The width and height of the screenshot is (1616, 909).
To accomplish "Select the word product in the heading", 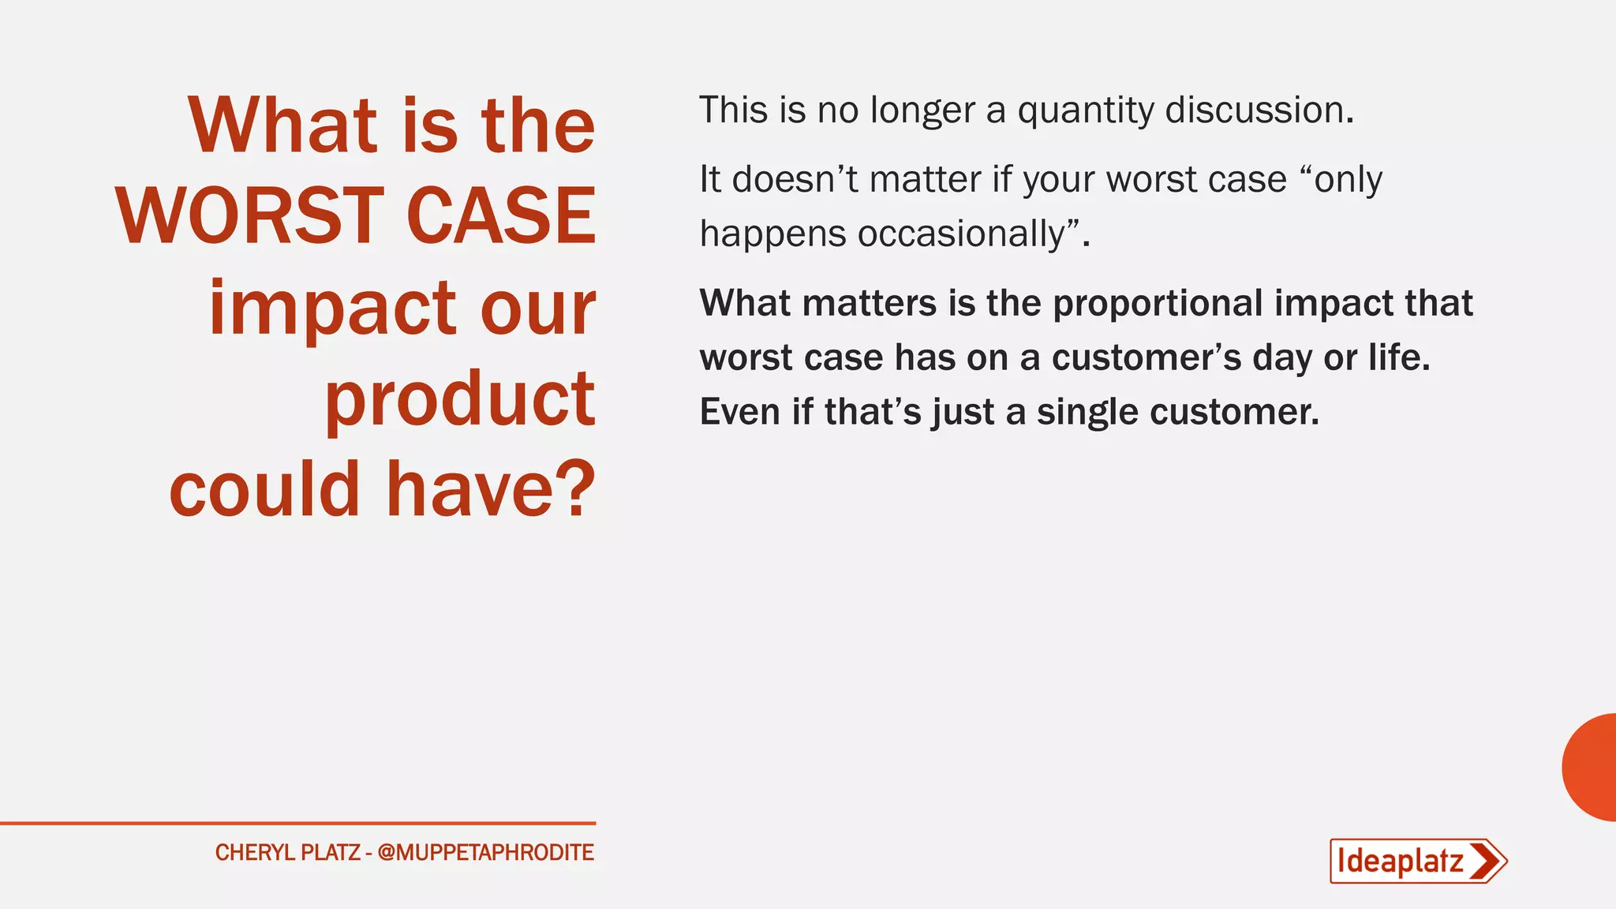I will [x=460, y=399].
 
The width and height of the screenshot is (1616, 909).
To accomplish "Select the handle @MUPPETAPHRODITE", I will [x=485, y=853].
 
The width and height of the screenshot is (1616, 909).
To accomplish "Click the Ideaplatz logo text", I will [x=1400, y=861].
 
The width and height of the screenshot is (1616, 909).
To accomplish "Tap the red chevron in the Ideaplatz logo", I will [x=1487, y=861].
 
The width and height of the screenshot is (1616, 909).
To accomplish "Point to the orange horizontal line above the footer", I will [x=297, y=823].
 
